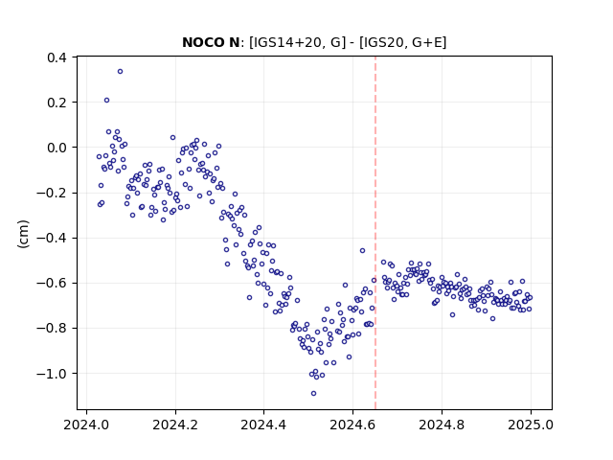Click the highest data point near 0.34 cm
120,71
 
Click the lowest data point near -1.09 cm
313,394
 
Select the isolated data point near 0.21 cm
106,100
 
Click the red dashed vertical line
375,233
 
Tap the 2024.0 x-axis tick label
86,425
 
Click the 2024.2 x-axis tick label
175,425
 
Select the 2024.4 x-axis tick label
264,425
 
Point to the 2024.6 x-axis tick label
352,425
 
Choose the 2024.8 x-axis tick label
442,425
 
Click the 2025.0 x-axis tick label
531,425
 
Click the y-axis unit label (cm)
23,234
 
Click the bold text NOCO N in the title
211,42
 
